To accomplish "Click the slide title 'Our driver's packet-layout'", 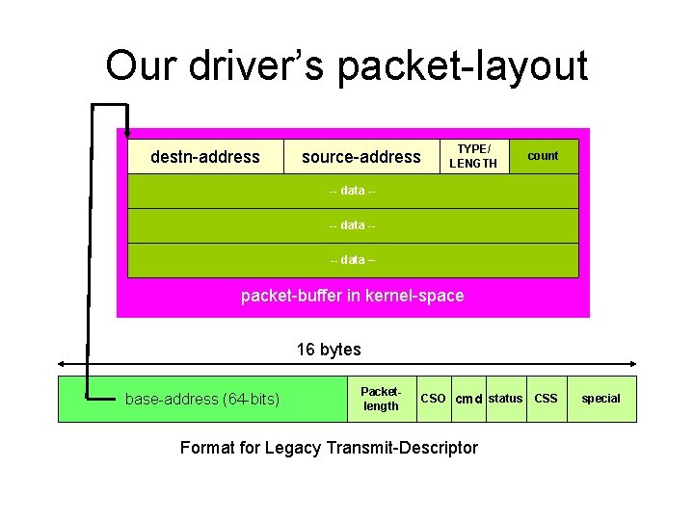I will (346, 65).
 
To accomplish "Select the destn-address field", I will (205, 156).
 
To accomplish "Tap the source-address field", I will (361, 156).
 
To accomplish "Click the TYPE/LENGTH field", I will (473, 156).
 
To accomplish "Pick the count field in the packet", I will (543, 156).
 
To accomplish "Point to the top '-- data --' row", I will (353, 191).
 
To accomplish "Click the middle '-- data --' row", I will (353, 225).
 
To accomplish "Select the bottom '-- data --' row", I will (353, 260).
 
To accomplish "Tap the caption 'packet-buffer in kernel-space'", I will (352, 296).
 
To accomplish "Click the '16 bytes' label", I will (329, 350).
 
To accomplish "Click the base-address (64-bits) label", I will (202, 399).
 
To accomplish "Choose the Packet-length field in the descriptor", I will (381, 399).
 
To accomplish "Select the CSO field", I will (434, 399).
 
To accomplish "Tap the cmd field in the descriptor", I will (468, 399).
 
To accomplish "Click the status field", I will (505, 399).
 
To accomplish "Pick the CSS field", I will (546, 399).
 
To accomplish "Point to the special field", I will (601, 399).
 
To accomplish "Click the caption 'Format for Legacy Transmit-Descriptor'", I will (329, 447).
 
